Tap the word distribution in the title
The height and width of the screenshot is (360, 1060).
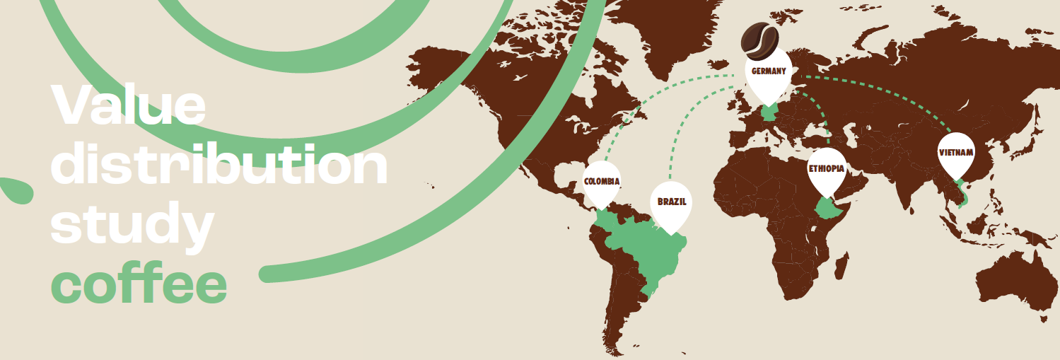click(x=220, y=165)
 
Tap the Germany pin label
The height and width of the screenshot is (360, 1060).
click(x=769, y=71)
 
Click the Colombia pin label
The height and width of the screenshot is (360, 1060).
click(x=602, y=182)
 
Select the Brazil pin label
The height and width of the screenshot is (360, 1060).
click(x=671, y=202)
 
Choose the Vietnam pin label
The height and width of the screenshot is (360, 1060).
click(x=956, y=153)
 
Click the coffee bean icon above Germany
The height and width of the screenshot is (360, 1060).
click(x=759, y=40)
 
